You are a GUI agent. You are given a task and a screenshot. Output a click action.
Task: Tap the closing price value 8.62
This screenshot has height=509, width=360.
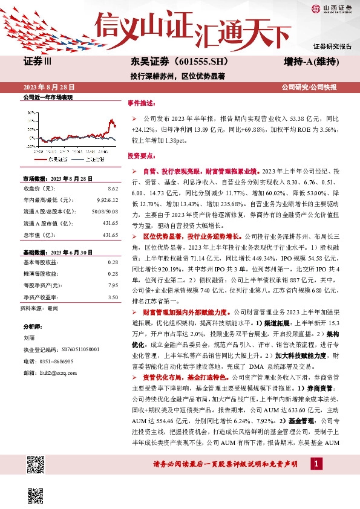click(113, 189)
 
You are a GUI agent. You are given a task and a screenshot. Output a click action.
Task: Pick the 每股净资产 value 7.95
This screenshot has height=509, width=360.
click(113, 285)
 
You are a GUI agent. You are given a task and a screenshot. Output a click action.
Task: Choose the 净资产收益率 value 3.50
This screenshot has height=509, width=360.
click(113, 297)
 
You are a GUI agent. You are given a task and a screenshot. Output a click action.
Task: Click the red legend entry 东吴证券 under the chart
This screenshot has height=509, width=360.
click(54, 160)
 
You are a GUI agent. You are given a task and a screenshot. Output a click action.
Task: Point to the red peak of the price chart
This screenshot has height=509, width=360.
click(111, 120)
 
